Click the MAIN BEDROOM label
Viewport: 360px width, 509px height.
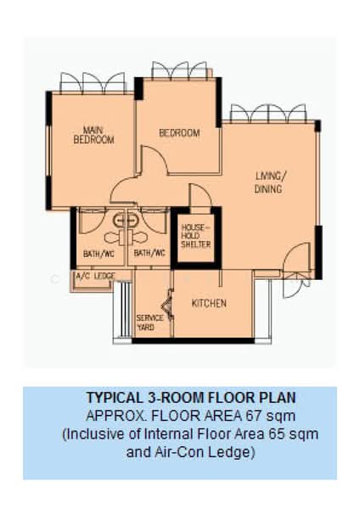[x=93, y=135]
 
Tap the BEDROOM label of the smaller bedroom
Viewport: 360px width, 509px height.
[x=179, y=133]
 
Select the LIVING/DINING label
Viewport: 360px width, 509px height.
[x=270, y=182]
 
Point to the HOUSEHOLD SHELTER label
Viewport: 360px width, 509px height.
[x=194, y=237]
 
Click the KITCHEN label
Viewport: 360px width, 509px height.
[x=209, y=303]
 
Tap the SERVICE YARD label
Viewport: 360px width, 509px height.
[x=145, y=322]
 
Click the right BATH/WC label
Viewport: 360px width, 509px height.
[x=149, y=252]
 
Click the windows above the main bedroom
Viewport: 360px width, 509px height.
[x=93, y=82]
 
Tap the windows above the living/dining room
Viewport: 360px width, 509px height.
[x=267, y=113]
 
